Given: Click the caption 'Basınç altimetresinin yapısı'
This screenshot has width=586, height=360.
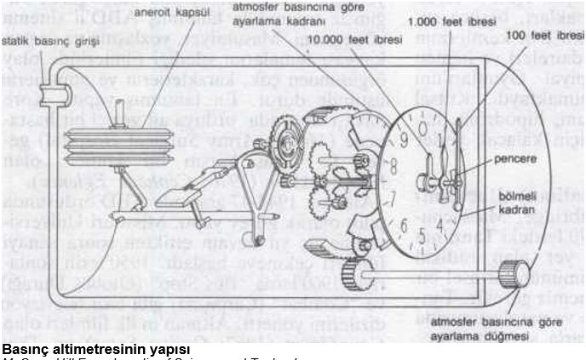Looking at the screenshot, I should click(95, 349).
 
